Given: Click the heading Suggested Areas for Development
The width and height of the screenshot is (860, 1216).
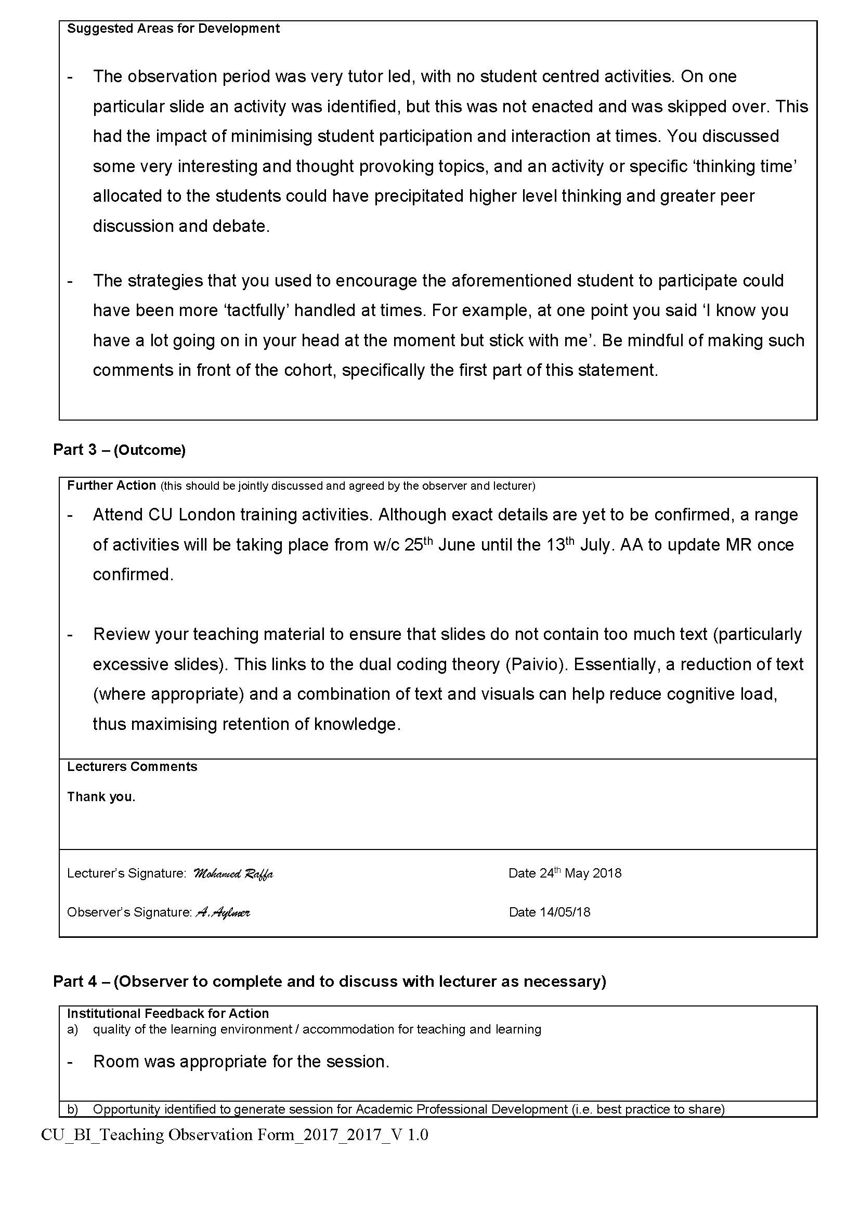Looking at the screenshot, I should tap(173, 29).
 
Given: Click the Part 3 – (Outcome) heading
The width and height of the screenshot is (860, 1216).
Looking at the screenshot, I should tap(119, 450).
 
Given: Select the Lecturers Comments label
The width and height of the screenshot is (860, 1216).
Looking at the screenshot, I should tap(132, 766).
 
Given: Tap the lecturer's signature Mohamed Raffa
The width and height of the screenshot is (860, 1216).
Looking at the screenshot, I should tap(233, 873).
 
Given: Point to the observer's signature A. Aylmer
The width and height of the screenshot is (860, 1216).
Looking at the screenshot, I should tap(223, 912).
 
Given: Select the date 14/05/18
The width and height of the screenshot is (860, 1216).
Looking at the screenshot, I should tap(565, 912).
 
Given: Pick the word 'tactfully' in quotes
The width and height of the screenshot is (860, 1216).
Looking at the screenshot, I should tap(257, 310).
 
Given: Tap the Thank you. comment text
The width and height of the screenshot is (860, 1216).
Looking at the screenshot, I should tap(101, 796).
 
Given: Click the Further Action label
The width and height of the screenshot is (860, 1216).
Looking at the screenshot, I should tap(112, 485).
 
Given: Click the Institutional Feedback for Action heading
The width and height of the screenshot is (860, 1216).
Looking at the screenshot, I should tap(168, 1013).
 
